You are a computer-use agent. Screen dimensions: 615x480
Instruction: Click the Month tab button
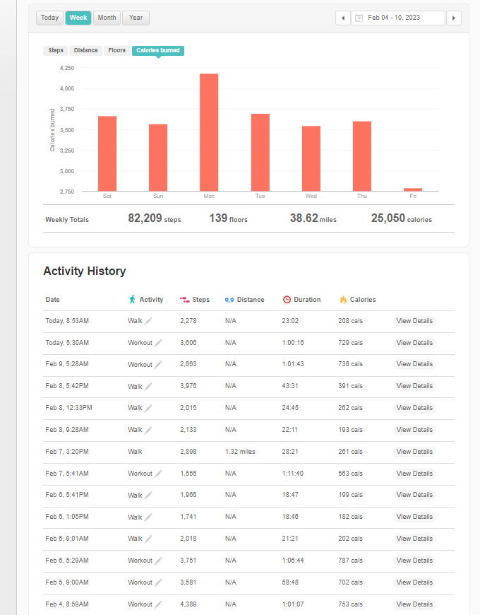(x=107, y=18)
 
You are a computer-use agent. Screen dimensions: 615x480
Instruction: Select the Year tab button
(x=136, y=18)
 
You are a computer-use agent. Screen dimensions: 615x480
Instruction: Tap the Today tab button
(x=49, y=18)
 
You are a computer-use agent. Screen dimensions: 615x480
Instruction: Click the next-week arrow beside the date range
(x=455, y=18)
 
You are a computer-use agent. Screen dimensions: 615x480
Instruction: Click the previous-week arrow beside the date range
(x=343, y=18)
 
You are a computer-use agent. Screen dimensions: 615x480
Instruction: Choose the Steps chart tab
(x=56, y=51)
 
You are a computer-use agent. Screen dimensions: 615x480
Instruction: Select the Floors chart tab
(x=117, y=51)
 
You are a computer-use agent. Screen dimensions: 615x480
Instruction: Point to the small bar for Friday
(x=413, y=189)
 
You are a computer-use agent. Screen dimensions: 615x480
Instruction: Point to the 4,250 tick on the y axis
(x=67, y=68)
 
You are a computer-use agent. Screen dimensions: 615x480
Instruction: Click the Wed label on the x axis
(x=311, y=196)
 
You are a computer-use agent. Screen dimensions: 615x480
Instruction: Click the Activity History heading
(x=85, y=271)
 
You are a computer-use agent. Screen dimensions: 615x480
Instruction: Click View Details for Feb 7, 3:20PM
(x=414, y=452)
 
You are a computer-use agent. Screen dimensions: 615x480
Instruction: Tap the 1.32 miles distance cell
(x=240, y=452)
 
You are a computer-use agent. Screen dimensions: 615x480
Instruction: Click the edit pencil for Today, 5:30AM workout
(x=158, y=343)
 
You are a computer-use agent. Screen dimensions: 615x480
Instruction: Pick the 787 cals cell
(x=351, y=561)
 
